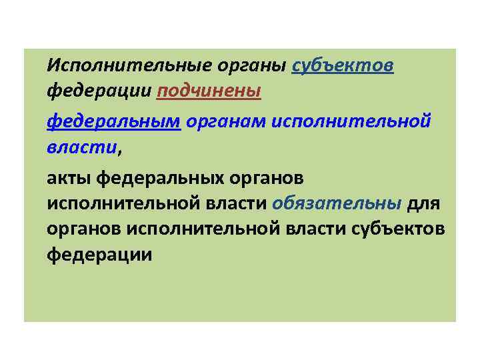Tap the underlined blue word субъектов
pyautogui.click(x=343, y=65)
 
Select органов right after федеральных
pyautogui.click(x=270, y=179)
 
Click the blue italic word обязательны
pyautogui.click(x=337, y=204)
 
